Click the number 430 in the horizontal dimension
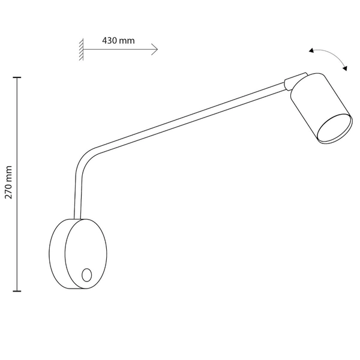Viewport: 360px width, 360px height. click(110, 41)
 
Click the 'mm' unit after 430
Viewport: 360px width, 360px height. click(127, 41)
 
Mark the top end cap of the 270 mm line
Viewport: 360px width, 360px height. click(17, 78)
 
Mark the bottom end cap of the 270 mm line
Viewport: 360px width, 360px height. click(17, 291)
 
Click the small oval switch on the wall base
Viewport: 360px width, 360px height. click(86, 275)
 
